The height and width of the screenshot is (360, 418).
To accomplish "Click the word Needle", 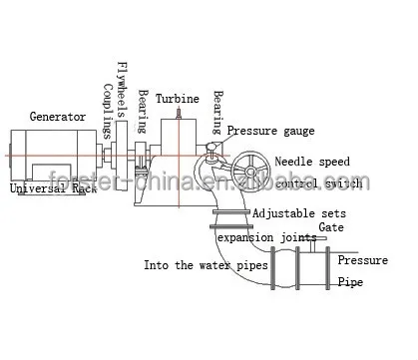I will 296,162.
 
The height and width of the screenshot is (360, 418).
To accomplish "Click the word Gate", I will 332,226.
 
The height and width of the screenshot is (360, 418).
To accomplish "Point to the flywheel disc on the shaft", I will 121,155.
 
